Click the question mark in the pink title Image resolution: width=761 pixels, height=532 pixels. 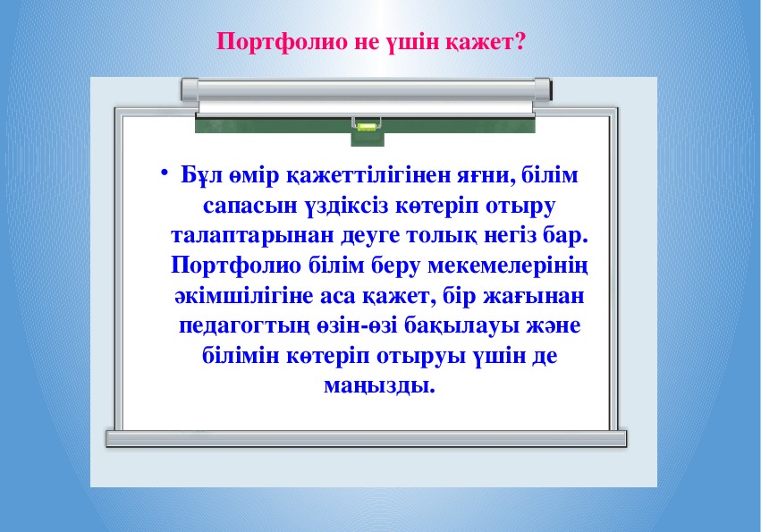(519, 41)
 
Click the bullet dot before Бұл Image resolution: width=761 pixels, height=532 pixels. (165, 172)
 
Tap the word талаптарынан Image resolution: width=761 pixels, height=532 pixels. (252, 236)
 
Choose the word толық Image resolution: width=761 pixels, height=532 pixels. (441, 236)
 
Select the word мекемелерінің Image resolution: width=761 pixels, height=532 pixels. (508, 266)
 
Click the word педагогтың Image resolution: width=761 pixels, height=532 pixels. (243, 326)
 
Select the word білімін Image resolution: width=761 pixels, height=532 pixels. (241, 356)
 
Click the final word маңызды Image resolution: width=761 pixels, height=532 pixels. (379, 387)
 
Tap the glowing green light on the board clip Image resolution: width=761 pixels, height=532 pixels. (367, 128)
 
